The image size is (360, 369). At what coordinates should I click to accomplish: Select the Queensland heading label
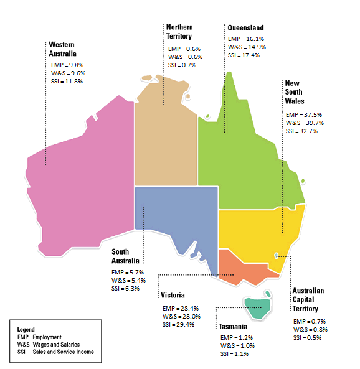tap(245, 28)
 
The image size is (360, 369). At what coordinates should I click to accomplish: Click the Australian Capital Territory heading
tap(308, 299)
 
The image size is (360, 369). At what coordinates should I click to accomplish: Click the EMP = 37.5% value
tap(304, 114)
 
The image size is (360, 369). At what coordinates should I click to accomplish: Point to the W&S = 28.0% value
tap(181, 316)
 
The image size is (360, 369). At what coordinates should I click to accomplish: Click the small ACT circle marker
tap(277, 255)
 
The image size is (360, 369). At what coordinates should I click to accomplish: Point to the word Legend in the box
tap(26, 329)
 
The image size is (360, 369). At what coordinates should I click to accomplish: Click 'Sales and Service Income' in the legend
tap(69, 352)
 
